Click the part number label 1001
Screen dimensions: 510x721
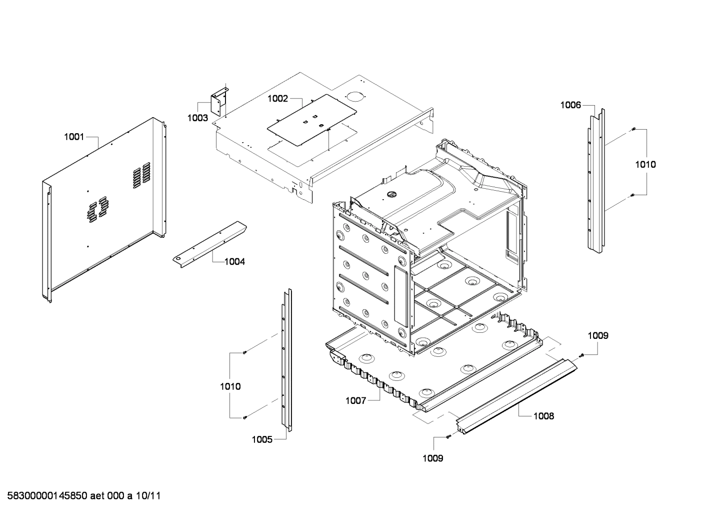coord(73,136)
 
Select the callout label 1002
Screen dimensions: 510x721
coord(277,99)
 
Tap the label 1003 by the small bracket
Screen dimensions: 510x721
coord(197,118)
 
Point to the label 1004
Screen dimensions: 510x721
coord(234,261)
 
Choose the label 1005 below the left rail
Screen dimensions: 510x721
coord(261,439)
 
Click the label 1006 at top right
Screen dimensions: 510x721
coord(570,105)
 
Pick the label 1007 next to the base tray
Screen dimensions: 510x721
coord(356,400)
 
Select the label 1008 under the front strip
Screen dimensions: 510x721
coord(543,416)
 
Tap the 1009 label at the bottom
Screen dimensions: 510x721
coord(432,458)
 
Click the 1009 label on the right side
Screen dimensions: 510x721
coord(597,335)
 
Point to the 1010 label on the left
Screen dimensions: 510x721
coord(230,386)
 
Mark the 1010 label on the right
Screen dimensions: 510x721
coord(645,164)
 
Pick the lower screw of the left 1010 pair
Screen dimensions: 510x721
coord(244,417)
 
